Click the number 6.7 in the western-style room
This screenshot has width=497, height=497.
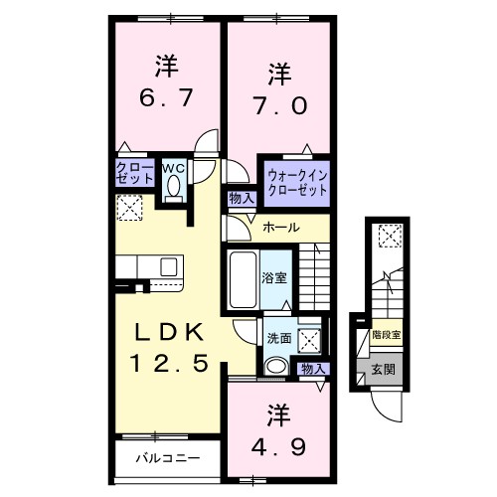[166, 99]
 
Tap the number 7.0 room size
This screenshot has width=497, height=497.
[281, 104]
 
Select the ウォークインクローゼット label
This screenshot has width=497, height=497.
[296, 182]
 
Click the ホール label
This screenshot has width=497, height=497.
[279, 228]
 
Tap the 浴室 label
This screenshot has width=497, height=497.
[274, 277]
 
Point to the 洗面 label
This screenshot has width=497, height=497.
[278, 338]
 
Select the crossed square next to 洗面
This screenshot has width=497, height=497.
[311, 339]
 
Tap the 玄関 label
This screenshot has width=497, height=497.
[383, 370]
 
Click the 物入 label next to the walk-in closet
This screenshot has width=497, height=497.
[242, 198]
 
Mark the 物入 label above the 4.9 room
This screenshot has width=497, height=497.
[312, 369]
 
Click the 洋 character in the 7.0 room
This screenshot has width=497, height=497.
[281, 74]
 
